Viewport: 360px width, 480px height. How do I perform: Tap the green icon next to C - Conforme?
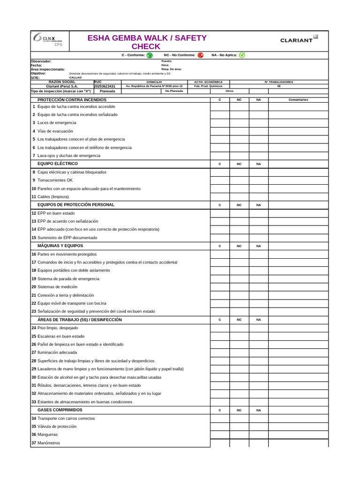[150, 55]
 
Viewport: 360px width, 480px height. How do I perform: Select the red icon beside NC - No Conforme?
[201, 55]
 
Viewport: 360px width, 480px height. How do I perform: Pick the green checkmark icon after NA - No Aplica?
[242, 55]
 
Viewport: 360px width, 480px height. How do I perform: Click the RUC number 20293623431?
[105, 86]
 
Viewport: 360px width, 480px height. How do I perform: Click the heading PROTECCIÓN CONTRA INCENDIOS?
[72, 100]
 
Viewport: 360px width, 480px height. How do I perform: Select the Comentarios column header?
[298, 100]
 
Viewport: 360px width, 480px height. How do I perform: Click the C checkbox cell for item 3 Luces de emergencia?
[219, 123]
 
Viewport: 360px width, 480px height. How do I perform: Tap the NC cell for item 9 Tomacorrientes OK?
[239, 180]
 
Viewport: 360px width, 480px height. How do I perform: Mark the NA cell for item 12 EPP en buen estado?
[258, 213]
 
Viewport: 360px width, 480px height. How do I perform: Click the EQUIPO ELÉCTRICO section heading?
[58, 164]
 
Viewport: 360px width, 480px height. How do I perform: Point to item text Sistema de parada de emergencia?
[68, 279]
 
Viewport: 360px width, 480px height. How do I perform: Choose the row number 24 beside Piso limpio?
[34, 328]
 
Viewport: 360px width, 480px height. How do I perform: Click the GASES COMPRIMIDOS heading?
[60, 410]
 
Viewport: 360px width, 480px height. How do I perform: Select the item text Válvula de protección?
[57, 427]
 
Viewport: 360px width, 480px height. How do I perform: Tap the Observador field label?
[41, 61]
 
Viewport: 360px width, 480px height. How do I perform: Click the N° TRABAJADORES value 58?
[279, 86]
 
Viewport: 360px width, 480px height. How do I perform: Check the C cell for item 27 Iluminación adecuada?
[219, 352]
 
